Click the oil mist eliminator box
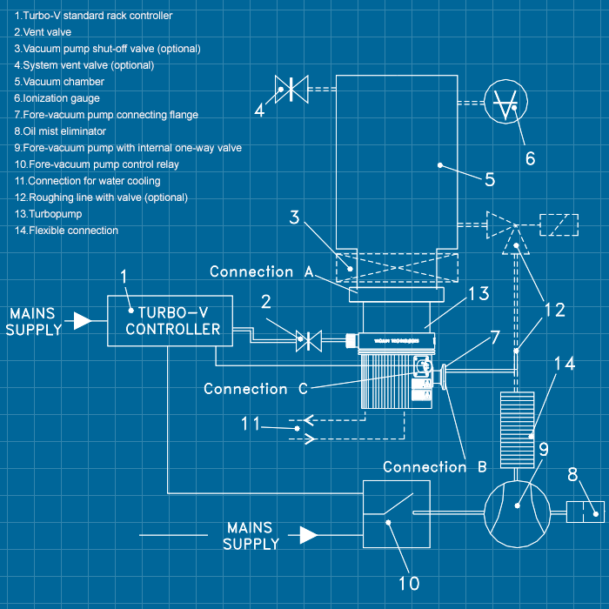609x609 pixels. coord(586,512)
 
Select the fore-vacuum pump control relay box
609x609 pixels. coord(396,514)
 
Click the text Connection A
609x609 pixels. coord(261,271)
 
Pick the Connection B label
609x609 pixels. coord(435,467)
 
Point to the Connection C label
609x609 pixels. coord(256,389)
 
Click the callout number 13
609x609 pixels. coord(479,295)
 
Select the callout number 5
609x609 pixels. coord(490,180)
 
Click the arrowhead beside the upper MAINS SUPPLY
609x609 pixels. coord(82,321)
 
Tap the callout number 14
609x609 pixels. coord(564,365)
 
